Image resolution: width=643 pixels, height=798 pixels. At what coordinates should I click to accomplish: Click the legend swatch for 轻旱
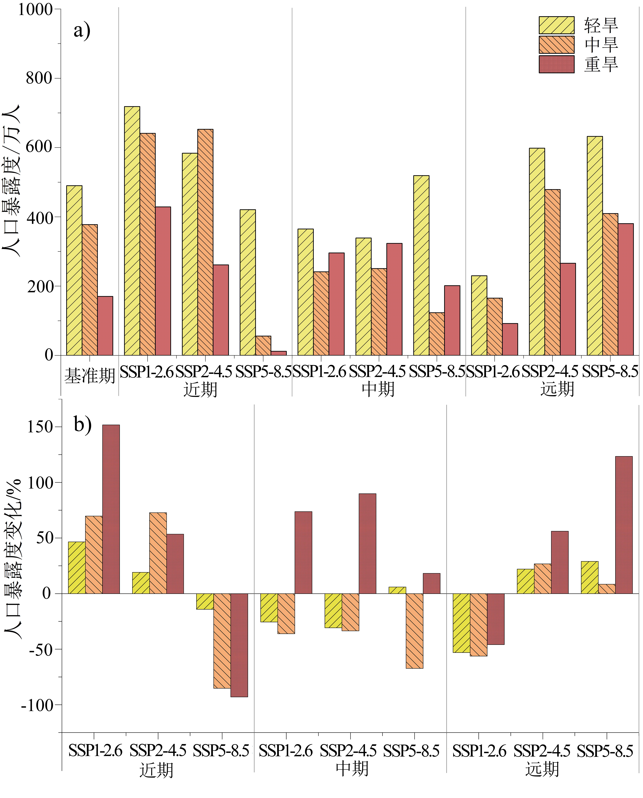(556, 25)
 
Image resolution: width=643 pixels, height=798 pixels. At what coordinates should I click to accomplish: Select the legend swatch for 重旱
(556, 64)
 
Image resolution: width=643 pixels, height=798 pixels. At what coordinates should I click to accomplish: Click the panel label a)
(82, 30)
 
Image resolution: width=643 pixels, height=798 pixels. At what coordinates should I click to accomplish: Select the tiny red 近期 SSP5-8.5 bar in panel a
(279, 353)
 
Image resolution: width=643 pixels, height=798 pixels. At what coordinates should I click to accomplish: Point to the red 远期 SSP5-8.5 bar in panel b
(624, 525)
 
